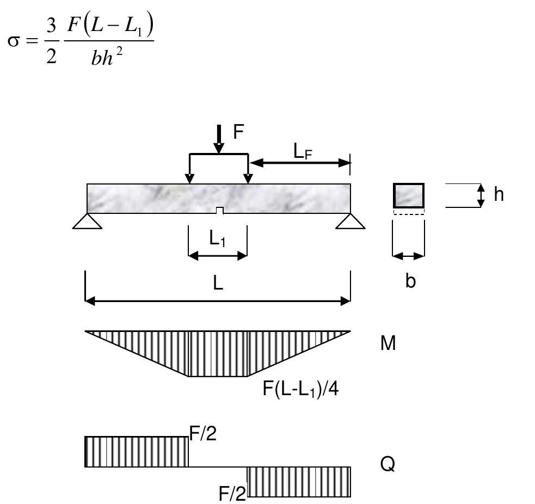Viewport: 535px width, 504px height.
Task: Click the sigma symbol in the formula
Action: click(14, 42)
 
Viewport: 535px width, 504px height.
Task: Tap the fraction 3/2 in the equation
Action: click(51, 42)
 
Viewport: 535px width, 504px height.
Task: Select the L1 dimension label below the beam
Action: click(218, 240)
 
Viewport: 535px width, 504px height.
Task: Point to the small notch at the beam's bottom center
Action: click(219, 211)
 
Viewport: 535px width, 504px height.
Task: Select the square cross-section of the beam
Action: click(408, 195)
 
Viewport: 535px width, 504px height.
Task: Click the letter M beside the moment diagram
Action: click(388, 343)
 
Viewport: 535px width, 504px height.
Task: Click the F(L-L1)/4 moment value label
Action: click(300, 391)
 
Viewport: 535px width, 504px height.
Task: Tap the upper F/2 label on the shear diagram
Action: click(203, 433)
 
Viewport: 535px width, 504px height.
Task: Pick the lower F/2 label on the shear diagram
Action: click(232, 494)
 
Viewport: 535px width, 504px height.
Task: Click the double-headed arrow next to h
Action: click(481, 195)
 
